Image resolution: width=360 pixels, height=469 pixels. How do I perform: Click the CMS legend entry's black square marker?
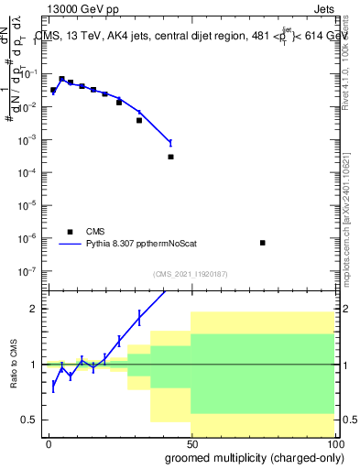(70, 232)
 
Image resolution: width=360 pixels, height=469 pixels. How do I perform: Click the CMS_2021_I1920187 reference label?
(190, 274)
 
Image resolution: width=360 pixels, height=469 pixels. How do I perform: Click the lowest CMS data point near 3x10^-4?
(171, 157)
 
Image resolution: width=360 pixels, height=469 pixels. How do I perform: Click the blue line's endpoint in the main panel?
(170, 142)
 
